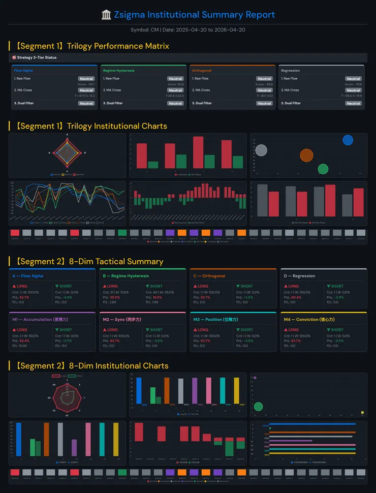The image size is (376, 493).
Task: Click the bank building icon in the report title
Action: pos(106,15)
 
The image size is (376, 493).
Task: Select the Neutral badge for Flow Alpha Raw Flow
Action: pos(86,79)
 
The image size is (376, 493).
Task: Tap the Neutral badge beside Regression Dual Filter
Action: pos(353,103)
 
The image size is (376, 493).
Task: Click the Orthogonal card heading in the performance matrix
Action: pos(202,71)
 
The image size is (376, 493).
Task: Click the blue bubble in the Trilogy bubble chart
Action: pos(348,140)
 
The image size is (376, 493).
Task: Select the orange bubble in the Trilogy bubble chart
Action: pos(306,155)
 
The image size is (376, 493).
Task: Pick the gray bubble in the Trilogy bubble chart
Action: pos(261,150)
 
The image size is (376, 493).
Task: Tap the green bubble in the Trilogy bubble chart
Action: pos(323,169)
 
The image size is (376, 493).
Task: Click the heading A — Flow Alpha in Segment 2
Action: pos(28,276)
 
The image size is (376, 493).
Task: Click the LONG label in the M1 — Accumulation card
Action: pos(22,330)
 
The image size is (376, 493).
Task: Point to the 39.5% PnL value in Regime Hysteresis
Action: pos(115,297)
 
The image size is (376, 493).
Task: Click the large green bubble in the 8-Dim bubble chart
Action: pos(258,406)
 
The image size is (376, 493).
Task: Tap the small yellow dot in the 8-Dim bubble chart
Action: pos(362,412)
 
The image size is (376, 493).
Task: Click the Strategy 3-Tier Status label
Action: pos(36,57)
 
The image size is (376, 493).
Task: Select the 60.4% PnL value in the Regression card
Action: pos(296,297)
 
